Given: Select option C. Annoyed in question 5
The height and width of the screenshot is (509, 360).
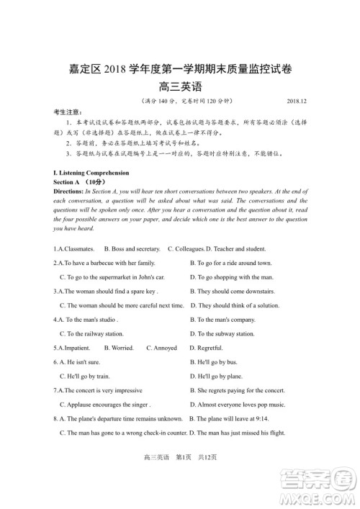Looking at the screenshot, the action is coord(161,348).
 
